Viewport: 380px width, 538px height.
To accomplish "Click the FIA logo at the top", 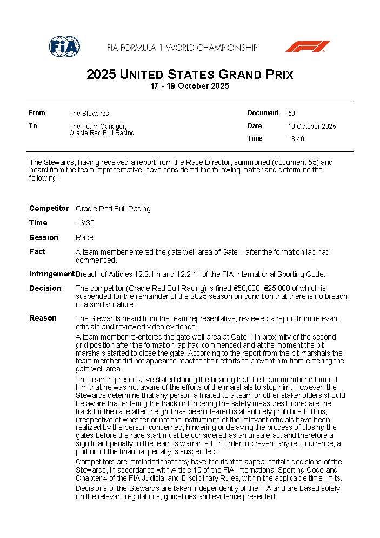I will coord(64,47).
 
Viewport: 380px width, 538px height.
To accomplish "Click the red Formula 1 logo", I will coord(307,47).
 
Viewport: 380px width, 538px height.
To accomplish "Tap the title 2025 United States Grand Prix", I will coord(190,75).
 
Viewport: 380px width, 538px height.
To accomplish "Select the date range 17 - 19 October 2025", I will coord(190,86).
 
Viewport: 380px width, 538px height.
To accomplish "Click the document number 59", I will coord(291,114).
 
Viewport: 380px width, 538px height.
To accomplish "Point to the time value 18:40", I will coord(296,139).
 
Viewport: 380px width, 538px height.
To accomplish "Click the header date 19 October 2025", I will coord(312,127).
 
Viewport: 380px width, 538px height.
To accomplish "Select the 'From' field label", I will coord(37,113).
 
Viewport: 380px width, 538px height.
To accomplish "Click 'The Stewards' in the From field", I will coord(89,114).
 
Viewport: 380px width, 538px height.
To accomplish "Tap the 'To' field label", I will coord(33,126).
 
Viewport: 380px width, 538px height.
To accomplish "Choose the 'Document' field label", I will coord(263,113).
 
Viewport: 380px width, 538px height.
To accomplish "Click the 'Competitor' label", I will coord(49,209).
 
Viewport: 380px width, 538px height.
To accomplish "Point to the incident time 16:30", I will coord(84,223).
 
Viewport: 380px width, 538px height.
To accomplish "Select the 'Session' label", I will coord(43,237).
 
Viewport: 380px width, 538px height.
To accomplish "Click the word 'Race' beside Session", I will coord(84,237).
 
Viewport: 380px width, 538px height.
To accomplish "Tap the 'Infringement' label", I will coord(52,274).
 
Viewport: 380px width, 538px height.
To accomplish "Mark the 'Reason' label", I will coord(43,318).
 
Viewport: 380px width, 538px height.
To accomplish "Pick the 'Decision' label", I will coord(45,288).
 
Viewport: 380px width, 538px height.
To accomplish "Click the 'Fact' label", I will coord(37,251).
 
